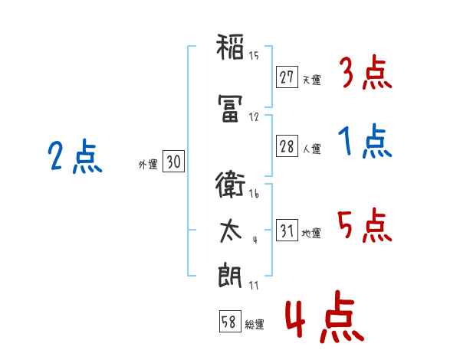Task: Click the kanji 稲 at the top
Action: [230, 47]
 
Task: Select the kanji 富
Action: [230, 109]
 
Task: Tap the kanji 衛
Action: [230, 185]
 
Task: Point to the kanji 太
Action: [231, 231]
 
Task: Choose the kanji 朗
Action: [230, 275]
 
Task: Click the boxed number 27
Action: [287, 77]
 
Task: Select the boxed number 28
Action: [287, 146]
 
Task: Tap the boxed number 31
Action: [287, 230]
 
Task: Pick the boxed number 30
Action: [174, 162]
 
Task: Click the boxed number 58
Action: [230, 321]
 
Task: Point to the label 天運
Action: [312, 80]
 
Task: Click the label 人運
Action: [312, 149]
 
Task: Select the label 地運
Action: [311, 233]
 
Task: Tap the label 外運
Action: [148, 165]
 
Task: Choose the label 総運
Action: [255, 324]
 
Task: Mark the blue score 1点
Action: [365, 141]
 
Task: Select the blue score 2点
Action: [75, 156]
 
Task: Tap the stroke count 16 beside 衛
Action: [254, 194]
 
